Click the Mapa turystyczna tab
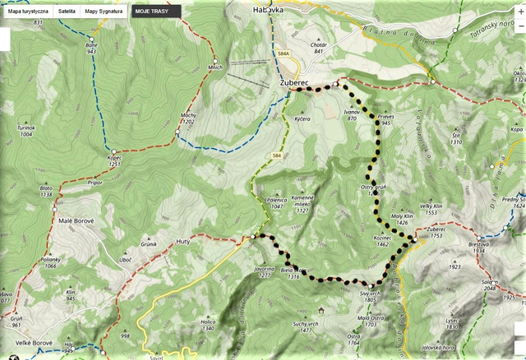[x=28, y=11]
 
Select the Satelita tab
[x=67, y=11]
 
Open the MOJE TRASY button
[x=151, y=11]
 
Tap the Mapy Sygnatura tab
[x=103, y=11]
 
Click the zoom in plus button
[x=520, y=11]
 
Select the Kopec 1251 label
[x=113, y=161]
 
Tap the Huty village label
[x=183, y=241]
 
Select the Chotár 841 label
[x=319, y=47]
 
